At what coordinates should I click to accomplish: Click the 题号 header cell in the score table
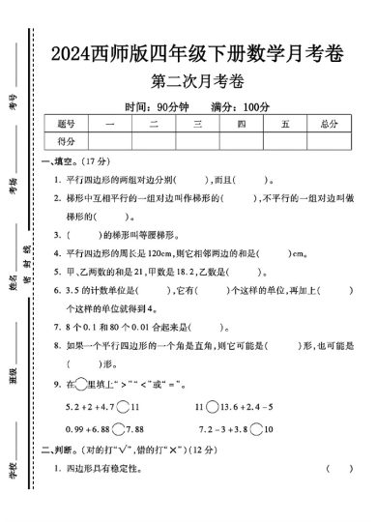point(66,124)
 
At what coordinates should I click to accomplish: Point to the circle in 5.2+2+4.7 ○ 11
point(123,406)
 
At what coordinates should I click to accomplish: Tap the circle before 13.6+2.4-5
point(214,406)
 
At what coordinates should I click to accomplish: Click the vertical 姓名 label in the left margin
point(14,286)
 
